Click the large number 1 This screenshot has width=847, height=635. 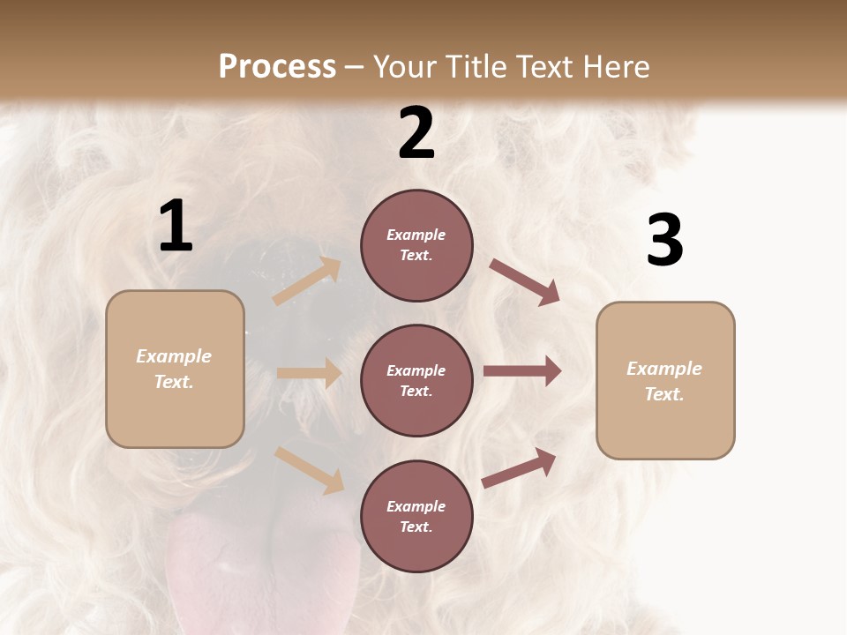[176, 227]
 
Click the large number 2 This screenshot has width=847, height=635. [416, 133]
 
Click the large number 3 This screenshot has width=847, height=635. [664, 241]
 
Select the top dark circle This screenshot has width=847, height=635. [416, 245]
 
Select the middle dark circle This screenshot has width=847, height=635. [416, 380]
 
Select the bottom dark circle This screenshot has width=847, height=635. [416, 516]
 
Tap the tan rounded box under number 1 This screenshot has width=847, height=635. [175, 369]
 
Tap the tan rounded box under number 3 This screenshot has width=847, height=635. [665, 380]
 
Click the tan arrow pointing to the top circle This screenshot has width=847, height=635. [307, 281]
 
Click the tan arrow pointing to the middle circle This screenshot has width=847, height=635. [309, 373]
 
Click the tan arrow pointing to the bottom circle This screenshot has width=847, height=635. [309, 470]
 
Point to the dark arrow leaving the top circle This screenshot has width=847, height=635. [525, 282]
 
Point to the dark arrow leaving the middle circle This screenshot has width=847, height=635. [522, 371]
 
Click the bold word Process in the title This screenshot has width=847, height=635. [277, 66]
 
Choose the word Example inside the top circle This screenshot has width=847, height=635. [416, 235]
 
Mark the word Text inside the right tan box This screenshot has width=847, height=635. [663, 394]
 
